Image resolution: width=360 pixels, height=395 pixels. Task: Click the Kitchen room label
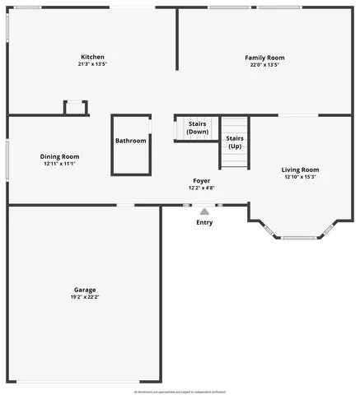(x=92, y=57)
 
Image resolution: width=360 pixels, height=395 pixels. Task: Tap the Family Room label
(x=264, y=58)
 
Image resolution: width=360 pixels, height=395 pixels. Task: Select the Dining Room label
(x=59, y=156)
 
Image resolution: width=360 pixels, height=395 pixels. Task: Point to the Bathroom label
(x=131, y=141)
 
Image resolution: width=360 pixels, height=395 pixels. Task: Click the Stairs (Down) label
(x=197, y=128)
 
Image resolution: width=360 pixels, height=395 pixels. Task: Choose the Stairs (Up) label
(x=235, y=142)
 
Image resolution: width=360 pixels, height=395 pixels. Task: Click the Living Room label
(x=300, y=170)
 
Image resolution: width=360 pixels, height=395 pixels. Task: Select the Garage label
(x=85, y=290)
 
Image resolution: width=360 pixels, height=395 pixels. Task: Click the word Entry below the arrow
(x=204, y=222)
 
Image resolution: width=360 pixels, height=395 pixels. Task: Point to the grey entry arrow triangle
(x=204, y=211)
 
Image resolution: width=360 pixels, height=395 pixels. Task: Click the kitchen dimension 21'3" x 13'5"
(x=92, y=64)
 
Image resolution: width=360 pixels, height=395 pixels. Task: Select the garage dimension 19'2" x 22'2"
(x=85, y=297)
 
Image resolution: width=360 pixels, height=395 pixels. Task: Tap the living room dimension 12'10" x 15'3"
(x=300, y=177)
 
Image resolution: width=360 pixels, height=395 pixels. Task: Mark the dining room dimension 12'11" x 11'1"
(x=59, y=164)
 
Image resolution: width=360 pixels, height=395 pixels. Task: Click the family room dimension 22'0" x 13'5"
(x=264, y=65)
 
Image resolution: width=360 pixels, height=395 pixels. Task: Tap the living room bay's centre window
(x=298, y=239)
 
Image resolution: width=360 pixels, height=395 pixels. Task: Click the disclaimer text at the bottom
(x=180, y=391)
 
